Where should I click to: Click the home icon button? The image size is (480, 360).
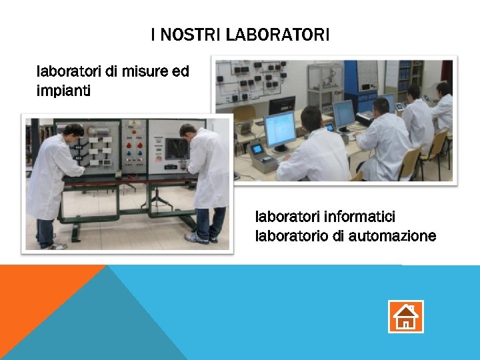405,316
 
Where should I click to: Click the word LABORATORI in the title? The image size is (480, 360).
277,35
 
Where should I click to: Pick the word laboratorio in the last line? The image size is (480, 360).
289,235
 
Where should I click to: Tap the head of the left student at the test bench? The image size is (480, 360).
73,131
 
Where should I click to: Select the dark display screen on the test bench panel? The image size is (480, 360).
177,147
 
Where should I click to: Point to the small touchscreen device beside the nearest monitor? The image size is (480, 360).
257,149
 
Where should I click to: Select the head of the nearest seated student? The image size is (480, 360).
311,118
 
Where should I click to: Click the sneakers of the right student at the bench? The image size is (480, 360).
197,237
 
